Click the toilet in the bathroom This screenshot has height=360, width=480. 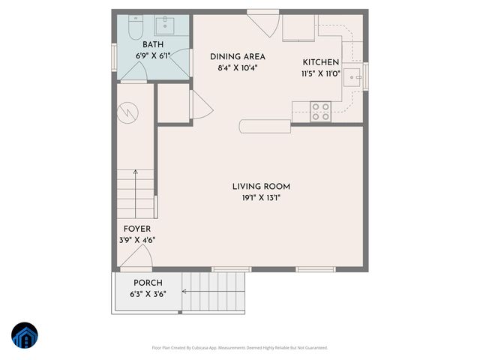136,29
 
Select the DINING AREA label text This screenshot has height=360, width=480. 237,57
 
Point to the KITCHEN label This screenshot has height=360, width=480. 320,62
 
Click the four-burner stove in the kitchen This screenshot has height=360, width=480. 321,112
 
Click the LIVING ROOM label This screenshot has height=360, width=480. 260,187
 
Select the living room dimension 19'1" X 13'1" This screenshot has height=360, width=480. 260,199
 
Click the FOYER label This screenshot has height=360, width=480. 137,229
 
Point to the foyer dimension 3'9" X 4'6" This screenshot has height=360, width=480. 137,240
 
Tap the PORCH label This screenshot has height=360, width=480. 148,283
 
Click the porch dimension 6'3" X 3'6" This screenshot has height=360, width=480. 148,294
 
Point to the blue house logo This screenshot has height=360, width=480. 24,337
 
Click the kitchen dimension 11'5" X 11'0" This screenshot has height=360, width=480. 320,73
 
